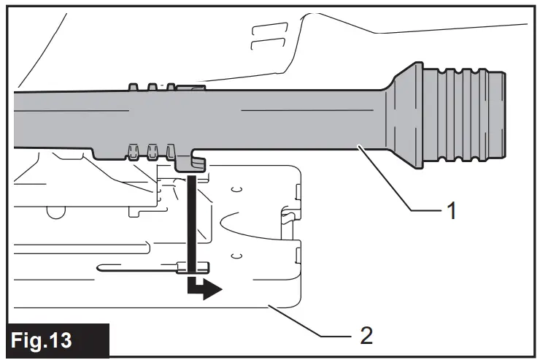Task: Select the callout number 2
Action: tap(366, 336)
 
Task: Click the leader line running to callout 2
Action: tap(306, 321)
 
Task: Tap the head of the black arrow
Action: tap(212, 291)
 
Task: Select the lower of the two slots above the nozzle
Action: tap(258, 46)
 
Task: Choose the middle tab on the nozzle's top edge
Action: tap(153, 87)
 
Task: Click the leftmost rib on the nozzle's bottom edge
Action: tap(133, 152)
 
